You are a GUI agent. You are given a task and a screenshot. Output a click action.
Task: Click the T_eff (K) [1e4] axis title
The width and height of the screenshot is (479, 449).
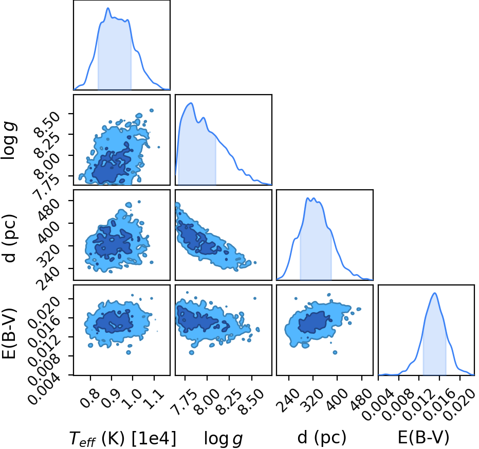123,439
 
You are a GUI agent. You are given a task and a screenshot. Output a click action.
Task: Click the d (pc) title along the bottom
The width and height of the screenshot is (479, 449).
322,438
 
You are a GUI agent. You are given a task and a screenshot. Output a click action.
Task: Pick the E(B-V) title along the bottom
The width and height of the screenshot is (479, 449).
423,438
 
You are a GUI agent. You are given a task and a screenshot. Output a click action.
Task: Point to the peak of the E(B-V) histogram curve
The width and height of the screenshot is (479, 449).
434,293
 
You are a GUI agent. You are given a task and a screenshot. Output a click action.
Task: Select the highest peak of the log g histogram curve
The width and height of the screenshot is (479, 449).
191,103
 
